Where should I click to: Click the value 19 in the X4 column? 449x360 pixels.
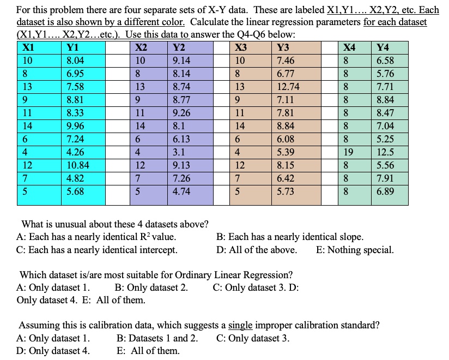pos(349,152)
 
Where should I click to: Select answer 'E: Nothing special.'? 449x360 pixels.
pos(354,250)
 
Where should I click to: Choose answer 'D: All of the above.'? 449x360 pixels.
pos(257,250)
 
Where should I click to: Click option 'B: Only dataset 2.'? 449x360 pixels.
pos(152,287)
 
